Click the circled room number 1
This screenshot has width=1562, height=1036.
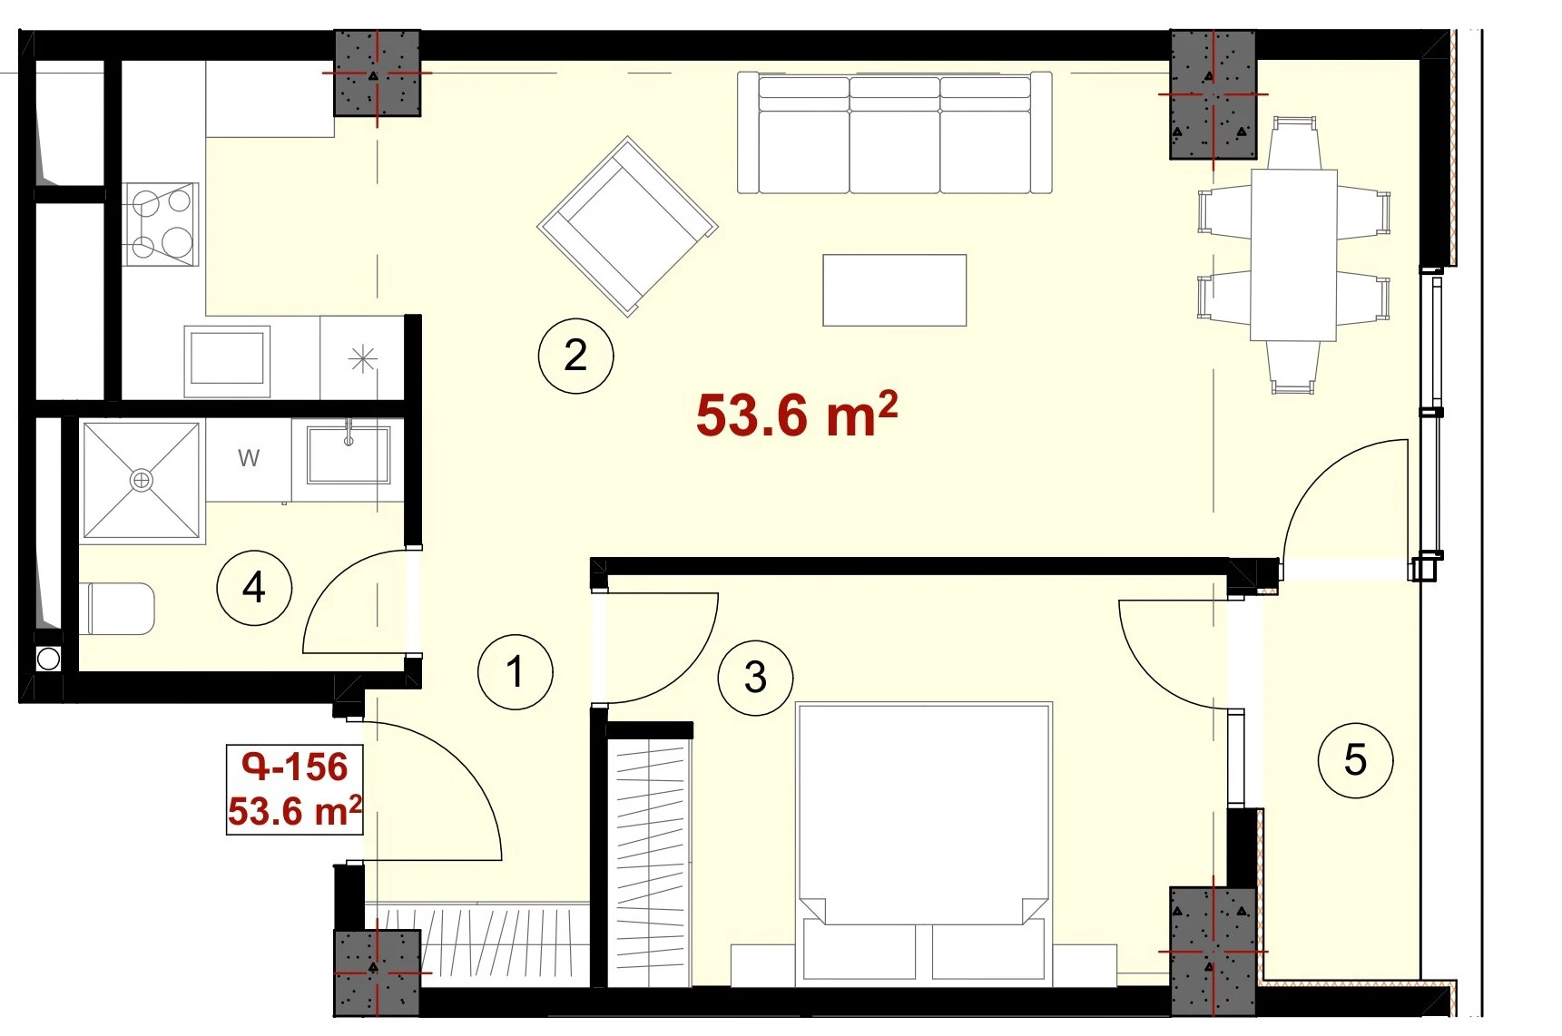point(516,672)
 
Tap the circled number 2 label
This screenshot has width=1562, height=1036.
point(575,355)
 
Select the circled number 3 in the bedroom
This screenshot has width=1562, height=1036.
point(755,678)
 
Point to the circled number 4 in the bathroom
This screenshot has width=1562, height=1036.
point(254,588)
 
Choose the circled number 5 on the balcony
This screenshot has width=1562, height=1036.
point(1355,760)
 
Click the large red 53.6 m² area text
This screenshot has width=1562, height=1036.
point(797,415)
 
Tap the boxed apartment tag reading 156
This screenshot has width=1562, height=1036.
point(295,789)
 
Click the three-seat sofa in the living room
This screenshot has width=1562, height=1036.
point(895,133)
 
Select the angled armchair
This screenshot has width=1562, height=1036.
point(627,226)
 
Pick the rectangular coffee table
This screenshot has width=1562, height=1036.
point(895,289)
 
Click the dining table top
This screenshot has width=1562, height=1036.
point(1293,255)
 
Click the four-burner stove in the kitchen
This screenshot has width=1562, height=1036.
point(161,223)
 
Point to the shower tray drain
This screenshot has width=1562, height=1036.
point(142,480)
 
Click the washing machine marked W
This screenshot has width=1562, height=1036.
point(249,459)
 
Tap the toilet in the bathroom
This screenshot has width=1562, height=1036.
point(121,609)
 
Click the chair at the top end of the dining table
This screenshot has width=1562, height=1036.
point(1294,142)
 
